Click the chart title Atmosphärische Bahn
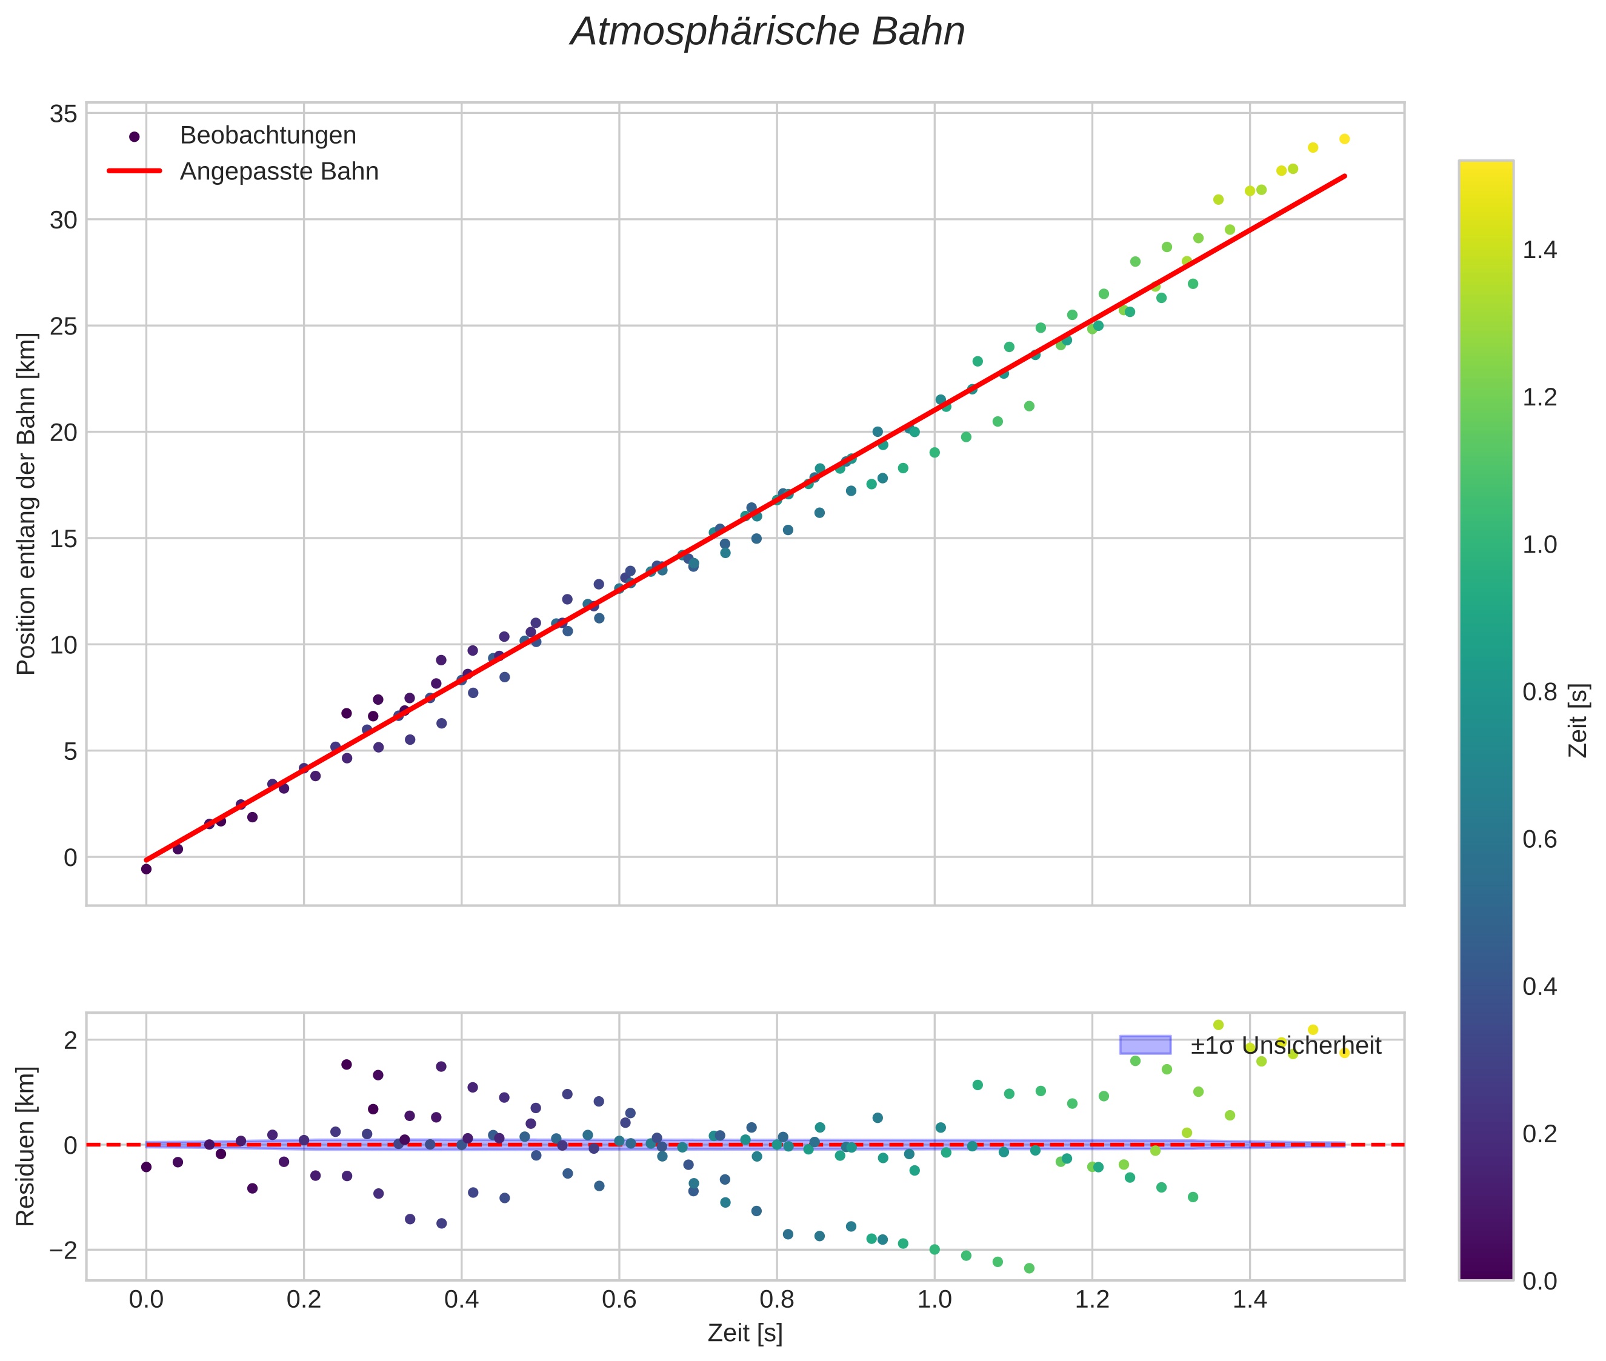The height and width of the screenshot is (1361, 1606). pyautogui.click(x=767, y=32)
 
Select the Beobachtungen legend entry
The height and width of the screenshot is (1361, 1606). pyautogui.click(x=267, y=136)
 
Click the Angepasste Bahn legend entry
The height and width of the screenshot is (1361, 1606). pyautogui.click(x=279, y=171)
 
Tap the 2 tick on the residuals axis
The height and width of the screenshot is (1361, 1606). pyautogui.click(x=70, y=1040)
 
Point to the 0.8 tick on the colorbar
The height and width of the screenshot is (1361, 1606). pyautogui.click(x=1539, y=692)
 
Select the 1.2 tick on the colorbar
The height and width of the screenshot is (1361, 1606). pyautogui.click(x=1539, y=398)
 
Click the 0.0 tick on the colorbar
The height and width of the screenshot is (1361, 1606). pyautogui.click(x=1539, y=1281)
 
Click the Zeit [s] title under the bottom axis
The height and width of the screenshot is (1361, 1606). pyautogui.click(x=745, y=1333)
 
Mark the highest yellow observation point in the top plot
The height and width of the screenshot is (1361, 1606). pyautogui.click(x=1344, y=139)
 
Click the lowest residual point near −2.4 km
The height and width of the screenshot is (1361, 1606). pyautogui.click(x=1028, y=1268)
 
